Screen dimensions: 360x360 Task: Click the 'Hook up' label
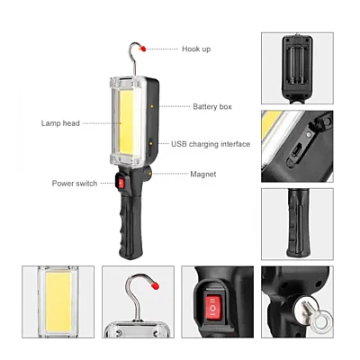click(x=196, y=49)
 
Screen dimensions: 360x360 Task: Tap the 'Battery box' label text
click(x=212, y=106)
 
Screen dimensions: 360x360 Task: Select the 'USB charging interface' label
click(x=211, y=144)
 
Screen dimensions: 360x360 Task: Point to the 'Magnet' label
click(x=203, y=174)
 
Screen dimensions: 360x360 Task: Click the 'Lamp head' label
click(x=60, y=123)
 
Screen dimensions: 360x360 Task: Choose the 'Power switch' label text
click(x=75, y=184)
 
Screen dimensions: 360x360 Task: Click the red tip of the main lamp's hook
click(x=143, y=49)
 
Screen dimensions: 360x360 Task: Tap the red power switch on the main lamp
click(x=121, y=183)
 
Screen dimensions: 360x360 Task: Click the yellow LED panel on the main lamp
click(x=126, y=121)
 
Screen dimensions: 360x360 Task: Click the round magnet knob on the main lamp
click(x=148, y=173)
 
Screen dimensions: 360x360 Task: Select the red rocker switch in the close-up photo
click(x=212, y=308)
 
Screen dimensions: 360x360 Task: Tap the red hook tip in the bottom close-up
click(x=155, y=286)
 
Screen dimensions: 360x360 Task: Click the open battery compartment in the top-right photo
click(x=297, y=66)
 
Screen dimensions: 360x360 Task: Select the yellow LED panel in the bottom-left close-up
click(x=58, y=301)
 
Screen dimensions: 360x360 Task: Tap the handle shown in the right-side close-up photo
click(x=298, y=223)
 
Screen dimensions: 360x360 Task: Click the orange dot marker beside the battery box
click(x=152, y=106)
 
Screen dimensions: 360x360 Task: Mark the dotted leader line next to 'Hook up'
click(x=162, y=49)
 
